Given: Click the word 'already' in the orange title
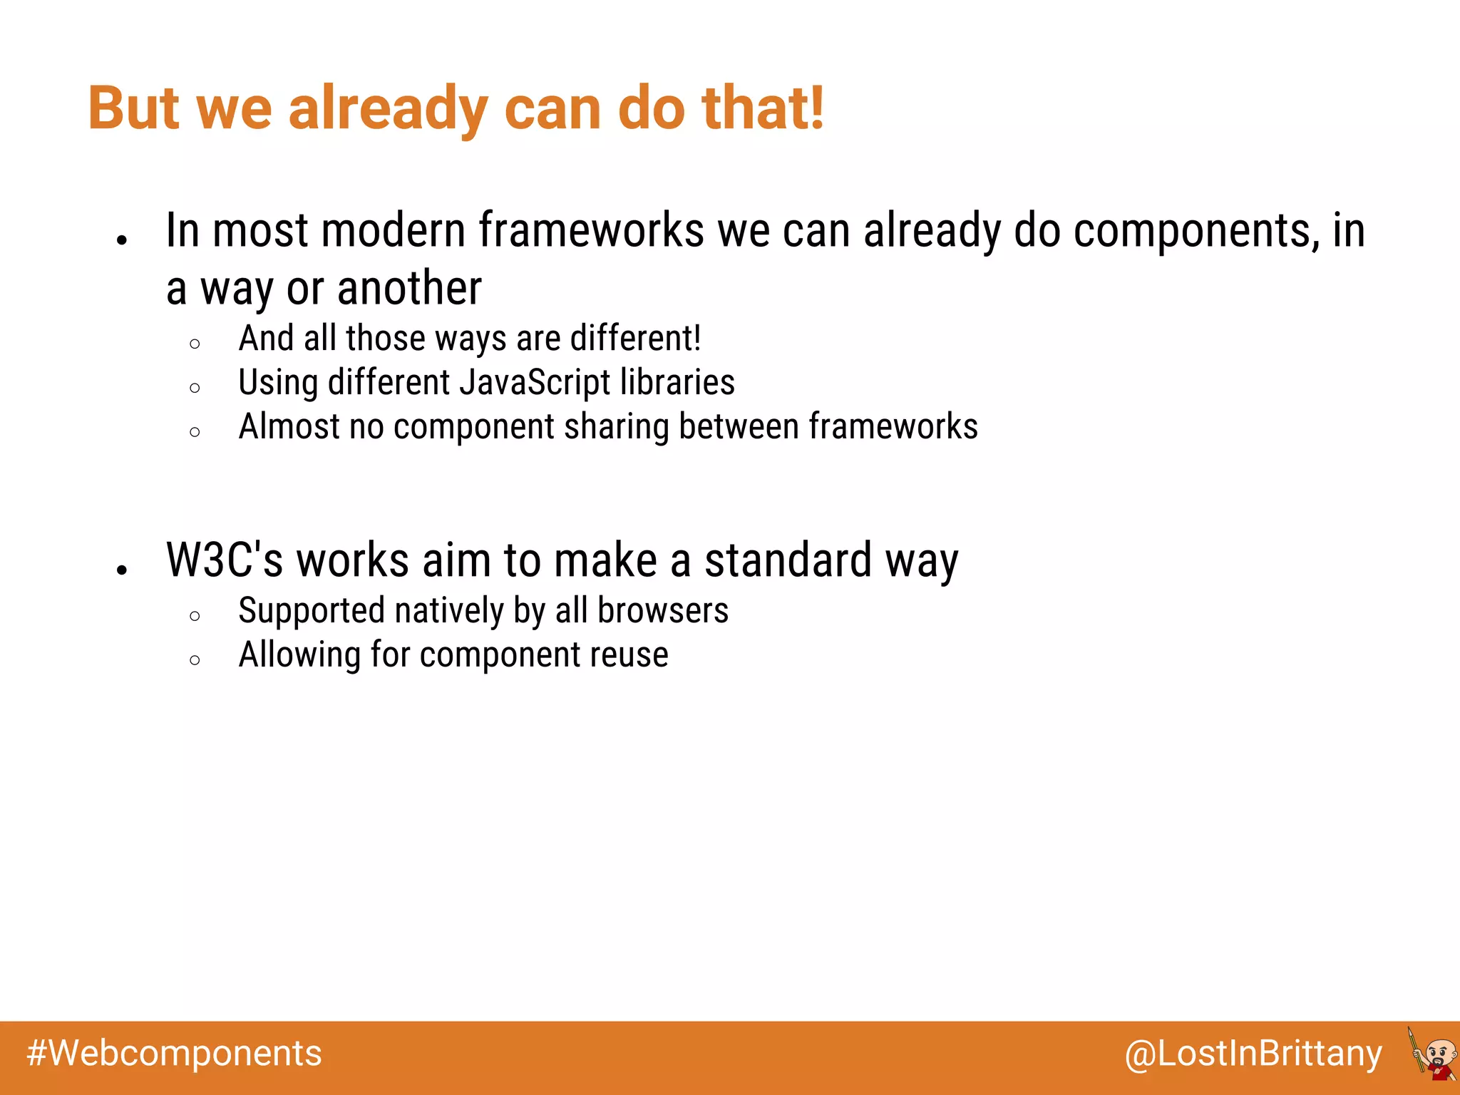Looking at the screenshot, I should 387,108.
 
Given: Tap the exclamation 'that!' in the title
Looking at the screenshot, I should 763,108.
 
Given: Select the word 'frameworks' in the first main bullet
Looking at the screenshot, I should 591,230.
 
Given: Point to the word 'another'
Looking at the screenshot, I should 409,288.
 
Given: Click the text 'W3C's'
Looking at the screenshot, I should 225,560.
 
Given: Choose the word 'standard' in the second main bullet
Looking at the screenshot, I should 788,560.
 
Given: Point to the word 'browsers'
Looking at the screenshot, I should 663,611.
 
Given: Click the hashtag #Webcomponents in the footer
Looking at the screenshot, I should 175,1054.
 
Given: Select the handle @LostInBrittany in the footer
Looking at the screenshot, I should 1253,1054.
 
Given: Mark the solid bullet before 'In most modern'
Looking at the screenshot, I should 122,240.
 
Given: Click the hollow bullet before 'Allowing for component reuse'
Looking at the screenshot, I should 195,660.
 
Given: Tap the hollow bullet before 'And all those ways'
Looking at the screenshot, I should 195,344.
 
